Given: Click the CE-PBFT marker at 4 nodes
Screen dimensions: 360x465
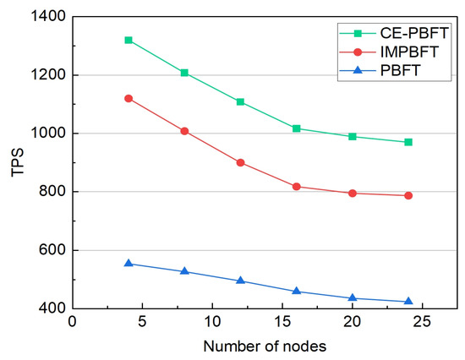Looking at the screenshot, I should (129, 40).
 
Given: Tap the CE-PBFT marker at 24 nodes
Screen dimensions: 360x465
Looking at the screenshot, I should (408, 142).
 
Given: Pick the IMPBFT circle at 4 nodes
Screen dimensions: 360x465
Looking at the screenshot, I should (129, 98).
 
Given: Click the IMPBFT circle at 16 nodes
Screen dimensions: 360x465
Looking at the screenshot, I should (297, 186).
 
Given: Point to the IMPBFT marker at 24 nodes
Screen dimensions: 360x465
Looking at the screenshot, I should (408, 195).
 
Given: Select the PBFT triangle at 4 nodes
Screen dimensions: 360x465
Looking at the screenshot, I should (129, 263).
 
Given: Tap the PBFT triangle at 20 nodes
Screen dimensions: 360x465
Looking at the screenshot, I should (353, 297).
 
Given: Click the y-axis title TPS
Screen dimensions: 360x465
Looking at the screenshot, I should (14, 162).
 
